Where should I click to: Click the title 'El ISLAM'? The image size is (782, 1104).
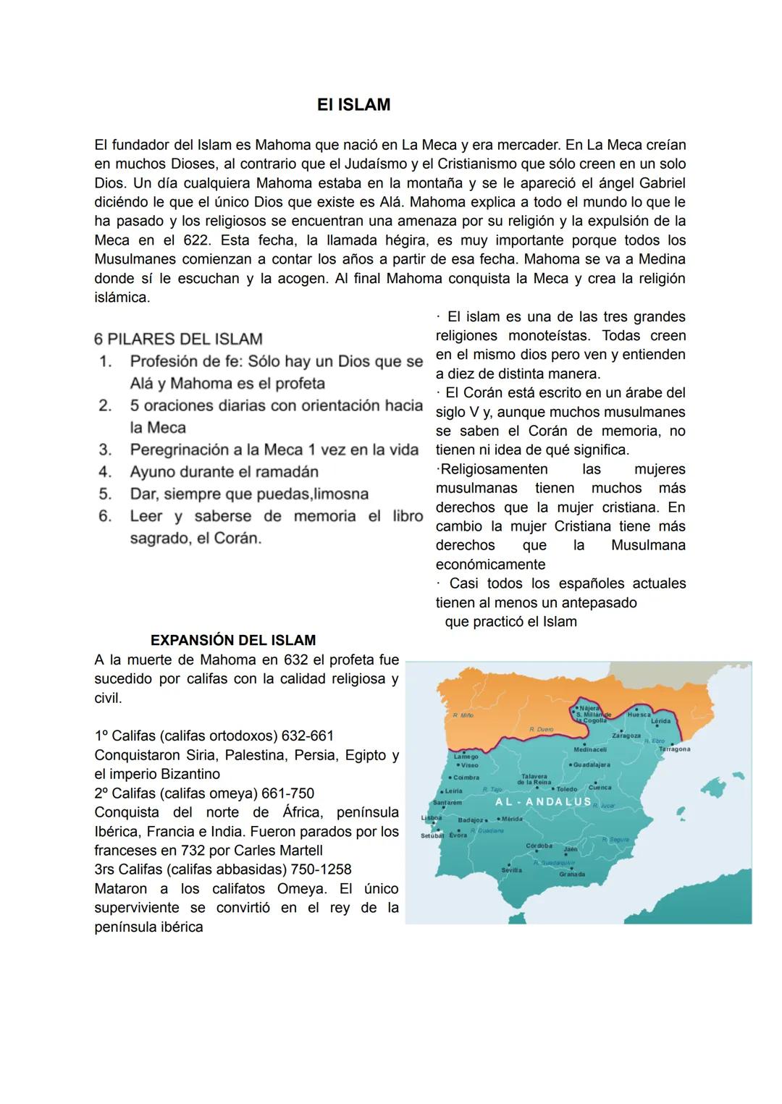pos(353,105)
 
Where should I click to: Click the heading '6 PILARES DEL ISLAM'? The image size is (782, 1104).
pos(178,339)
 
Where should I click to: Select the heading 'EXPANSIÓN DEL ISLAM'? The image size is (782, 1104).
pos(232,640)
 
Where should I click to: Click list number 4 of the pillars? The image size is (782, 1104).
pos(105,472)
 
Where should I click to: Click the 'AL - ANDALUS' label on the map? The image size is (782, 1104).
pos(543,802)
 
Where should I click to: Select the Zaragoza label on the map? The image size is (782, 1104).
pos(626,736)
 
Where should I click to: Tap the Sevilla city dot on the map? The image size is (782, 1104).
pos(510,864)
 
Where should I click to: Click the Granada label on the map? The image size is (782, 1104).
pos(572,875)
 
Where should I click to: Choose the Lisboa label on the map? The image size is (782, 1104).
pos(431,817)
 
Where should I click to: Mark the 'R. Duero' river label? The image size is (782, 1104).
pos(541,729)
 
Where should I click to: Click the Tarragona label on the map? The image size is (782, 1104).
pos(674,749)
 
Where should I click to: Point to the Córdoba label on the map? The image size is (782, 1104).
pos(539,846)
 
